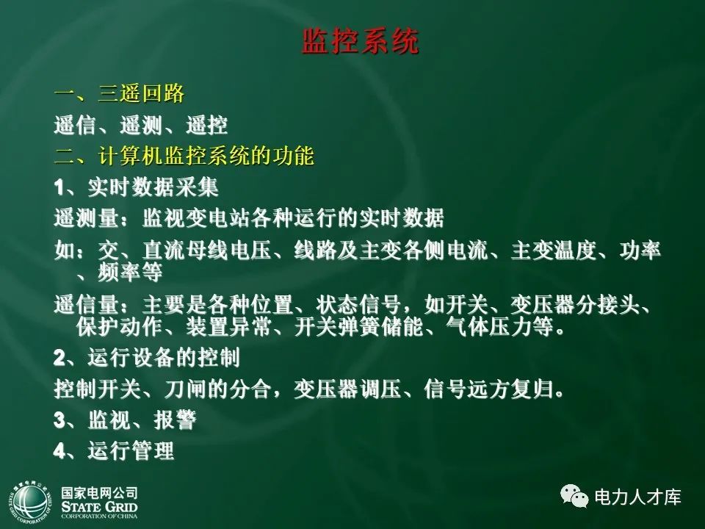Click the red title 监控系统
(360, 42)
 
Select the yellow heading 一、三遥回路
(119, 93)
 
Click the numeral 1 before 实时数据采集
(59, 188)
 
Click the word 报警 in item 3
(175, 420)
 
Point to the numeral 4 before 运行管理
(59, 451)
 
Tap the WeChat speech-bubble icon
(574, 497)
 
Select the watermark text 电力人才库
(637, 497)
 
